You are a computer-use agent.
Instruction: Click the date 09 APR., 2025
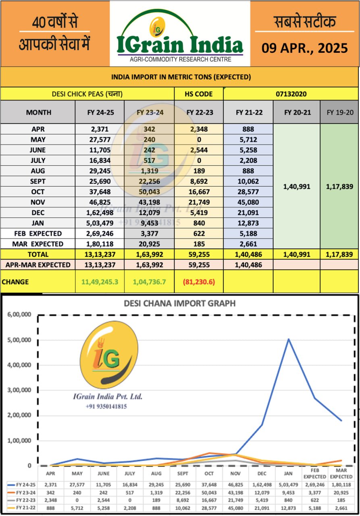[304, 48]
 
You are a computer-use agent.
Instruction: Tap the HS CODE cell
[199, 94]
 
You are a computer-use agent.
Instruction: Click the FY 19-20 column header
[339, 112]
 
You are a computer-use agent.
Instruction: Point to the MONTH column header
[38, 112]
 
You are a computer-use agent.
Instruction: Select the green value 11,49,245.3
[100, 282]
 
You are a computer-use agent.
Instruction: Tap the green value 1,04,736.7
[149, 282]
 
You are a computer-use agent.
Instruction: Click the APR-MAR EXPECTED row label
[38, 265]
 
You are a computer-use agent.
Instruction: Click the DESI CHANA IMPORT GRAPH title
[179, 303]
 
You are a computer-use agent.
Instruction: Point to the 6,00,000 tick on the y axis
[19, 315]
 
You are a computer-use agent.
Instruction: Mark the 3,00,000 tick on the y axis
[19, 390]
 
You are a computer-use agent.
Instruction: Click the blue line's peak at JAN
[289, 339]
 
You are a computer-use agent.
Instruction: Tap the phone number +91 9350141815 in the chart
[106, 406]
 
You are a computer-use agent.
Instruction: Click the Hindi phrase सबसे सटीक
[304, 22]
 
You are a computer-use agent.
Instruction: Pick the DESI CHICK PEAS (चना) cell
[87, 94]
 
